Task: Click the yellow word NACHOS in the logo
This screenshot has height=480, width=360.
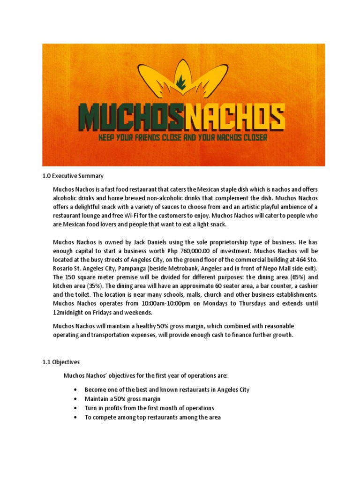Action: (x=235, y=119)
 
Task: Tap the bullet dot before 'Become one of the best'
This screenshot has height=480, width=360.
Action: (x=75, y=390)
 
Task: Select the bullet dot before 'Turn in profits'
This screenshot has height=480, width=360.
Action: (x=75, y=408)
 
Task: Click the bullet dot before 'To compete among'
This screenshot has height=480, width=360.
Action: (x=75, y=417)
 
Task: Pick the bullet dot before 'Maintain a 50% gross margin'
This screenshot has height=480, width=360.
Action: (x=75, y=399)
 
